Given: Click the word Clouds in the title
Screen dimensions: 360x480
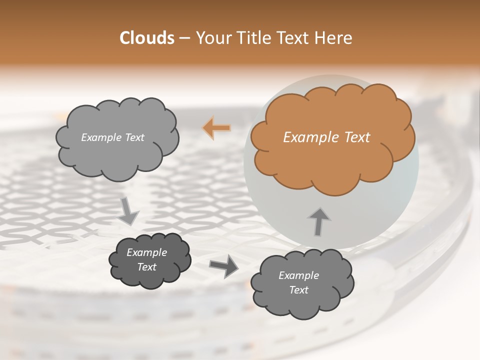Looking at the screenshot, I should [x=146, y=38].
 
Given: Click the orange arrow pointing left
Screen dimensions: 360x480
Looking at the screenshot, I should [x=217, y=128].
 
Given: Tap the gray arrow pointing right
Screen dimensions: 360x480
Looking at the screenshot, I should [x=224, y=265].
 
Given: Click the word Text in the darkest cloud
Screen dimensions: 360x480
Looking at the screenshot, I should [x=147, y=267].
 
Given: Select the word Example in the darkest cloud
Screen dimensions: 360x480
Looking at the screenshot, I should [x=147, y=252].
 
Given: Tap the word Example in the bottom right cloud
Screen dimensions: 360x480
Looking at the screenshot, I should [x=298, y=275].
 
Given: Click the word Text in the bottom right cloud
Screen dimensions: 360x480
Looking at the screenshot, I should [x=298, y=290].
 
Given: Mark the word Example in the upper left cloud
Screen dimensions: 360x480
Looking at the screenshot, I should [x=100, y=137].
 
